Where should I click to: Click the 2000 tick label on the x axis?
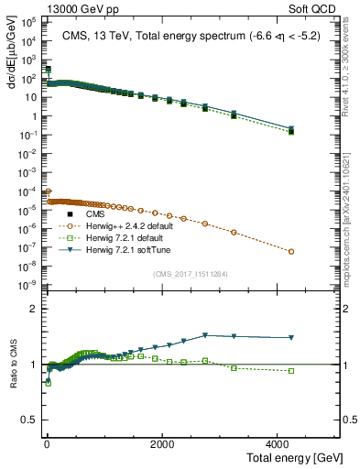pos(162,443)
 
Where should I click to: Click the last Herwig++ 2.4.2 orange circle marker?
pos(290,252)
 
